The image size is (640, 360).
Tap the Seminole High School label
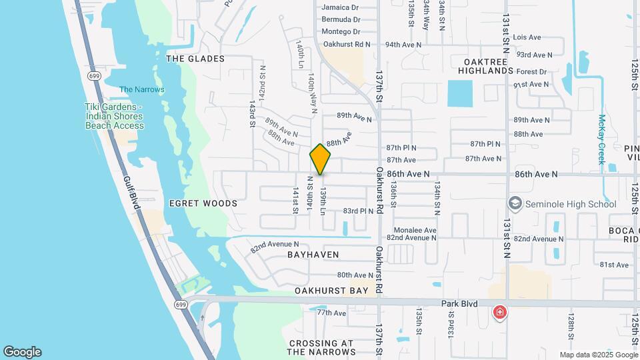[x=571, y=203]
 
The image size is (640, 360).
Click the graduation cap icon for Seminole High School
[x=515, y=203]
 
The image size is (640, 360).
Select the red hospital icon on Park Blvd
[x=499, y=312]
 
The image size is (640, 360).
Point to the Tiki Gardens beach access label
[x=114, y=116]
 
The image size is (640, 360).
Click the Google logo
[x=22, y=352]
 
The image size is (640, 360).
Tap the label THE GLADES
[x=195, y=59]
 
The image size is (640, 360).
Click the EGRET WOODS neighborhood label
[x=203, y=203]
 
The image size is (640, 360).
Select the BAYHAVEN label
[x=313, y=255]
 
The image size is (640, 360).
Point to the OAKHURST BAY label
[x=331, y=291]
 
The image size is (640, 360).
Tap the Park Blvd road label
[x=460, y=304]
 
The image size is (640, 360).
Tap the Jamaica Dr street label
[x=341, y=7]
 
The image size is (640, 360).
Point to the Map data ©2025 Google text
[x=598, y=355]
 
